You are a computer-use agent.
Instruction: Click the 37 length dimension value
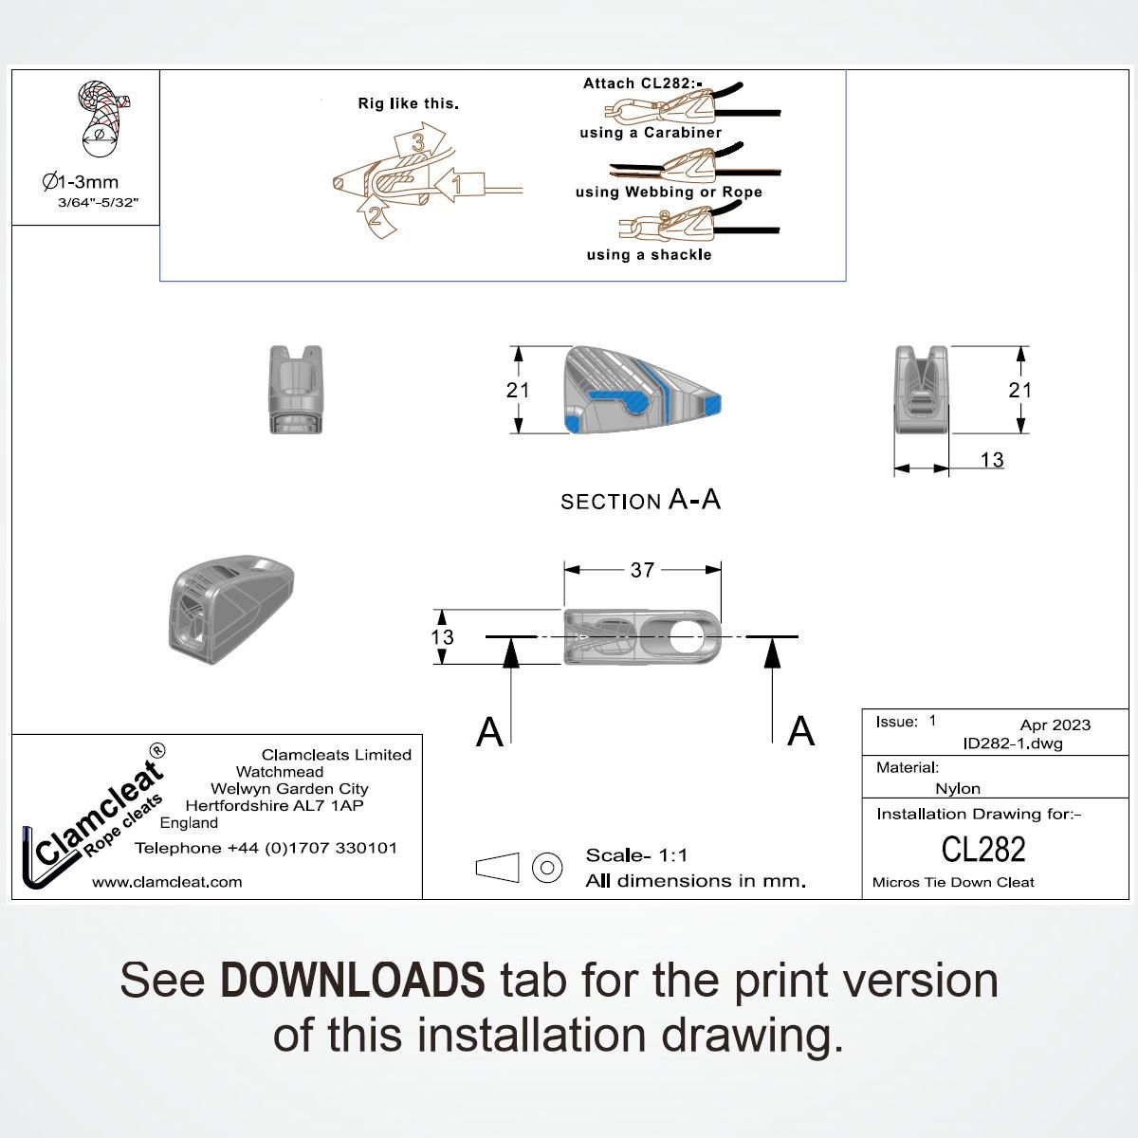click(x=642, y=570)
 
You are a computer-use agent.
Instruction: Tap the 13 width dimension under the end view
click(x=991, y=460)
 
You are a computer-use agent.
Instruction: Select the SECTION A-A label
click(x=640, y=500)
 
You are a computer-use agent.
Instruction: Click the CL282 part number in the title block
click(x=983, y=849)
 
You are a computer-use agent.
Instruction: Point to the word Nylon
click(x=958, y=788)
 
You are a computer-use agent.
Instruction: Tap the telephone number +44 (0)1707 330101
click(x=266, y=848)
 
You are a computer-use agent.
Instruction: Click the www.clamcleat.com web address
click(x=167, y=882)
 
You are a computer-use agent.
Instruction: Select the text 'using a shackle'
click(x=649, y=255)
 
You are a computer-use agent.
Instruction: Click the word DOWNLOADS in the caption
click(x=352, y=981)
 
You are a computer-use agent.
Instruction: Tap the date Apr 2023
click(x=1055, y=725)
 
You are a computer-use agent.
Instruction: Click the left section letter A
click(x=489, y=732)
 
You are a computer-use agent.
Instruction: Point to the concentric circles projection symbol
click(x=547, y=867)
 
